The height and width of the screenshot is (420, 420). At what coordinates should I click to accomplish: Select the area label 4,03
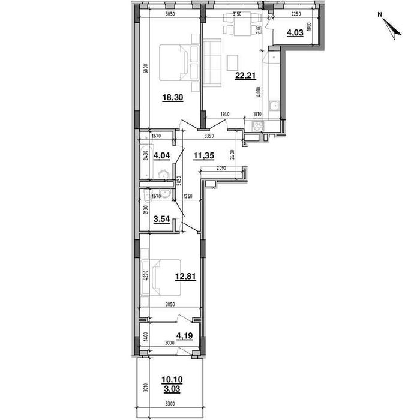coord(294,34)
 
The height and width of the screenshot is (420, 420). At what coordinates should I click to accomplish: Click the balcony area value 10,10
coord(171,380)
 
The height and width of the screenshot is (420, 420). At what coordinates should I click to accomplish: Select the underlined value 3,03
coord(171,388)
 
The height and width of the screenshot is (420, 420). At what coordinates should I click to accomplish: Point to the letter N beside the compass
coord(380,13)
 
